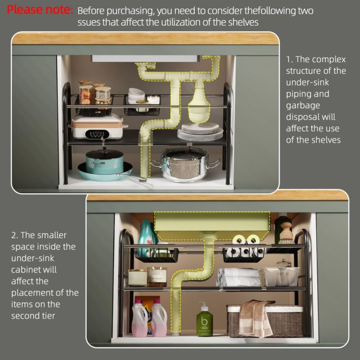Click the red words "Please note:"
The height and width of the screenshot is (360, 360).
[40, 10]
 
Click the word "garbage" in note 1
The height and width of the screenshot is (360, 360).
[303, 106]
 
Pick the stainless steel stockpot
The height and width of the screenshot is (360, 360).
[185, 165]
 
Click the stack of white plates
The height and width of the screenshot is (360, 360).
[200, 131]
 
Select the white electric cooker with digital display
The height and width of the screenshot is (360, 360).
[98, 127]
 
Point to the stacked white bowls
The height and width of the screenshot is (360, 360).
[136, 95]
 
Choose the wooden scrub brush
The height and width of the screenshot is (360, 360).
[286, 233]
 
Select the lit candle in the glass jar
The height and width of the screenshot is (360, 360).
[157, 277]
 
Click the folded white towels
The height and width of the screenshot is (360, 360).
[239, 277]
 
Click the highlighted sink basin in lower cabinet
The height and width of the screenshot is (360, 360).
[212, 225]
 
